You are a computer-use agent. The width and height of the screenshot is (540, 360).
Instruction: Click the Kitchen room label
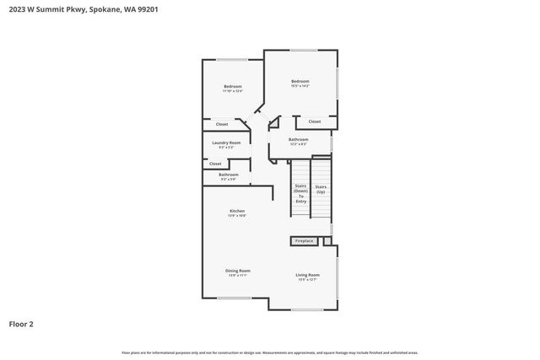[x=237, y=211]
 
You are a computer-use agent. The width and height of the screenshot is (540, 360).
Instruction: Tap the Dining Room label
[x=238, y=271]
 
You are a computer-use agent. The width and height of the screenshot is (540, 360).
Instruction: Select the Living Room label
[x=307, y=276]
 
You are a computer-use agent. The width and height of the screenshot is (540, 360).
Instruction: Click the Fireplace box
[x=304, y=241]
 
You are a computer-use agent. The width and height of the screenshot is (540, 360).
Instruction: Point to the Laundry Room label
[x=226, y=143]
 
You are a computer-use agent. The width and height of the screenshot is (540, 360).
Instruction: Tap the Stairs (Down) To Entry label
[x=300, y=193]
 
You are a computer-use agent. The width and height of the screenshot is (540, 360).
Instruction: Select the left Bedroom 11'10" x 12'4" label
[x=233, y=87]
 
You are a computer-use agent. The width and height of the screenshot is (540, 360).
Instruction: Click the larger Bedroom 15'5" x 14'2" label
[x=300, y=82]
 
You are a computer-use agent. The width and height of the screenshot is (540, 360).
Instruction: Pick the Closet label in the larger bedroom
[x=314, y=121]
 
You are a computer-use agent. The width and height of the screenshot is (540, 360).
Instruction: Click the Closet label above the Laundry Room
[x=222, y=124]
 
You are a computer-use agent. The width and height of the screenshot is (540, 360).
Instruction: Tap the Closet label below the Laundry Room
[x=215, y=164]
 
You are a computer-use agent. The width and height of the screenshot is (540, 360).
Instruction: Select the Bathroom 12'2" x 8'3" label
[x=298, y=139]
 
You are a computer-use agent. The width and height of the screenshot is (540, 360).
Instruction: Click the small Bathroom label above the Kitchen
[x=229, y=175]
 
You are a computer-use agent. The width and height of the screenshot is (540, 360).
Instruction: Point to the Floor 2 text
[x=21, y=324]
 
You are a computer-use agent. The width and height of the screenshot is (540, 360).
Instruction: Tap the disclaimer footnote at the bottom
[x=270, y=352]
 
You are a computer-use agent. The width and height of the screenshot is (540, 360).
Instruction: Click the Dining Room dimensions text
[x=238, y=276]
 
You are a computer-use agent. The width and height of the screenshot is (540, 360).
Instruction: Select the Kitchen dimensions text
[x=237, y=216]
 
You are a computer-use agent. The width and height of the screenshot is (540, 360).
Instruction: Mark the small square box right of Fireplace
[x=327, y=241]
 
